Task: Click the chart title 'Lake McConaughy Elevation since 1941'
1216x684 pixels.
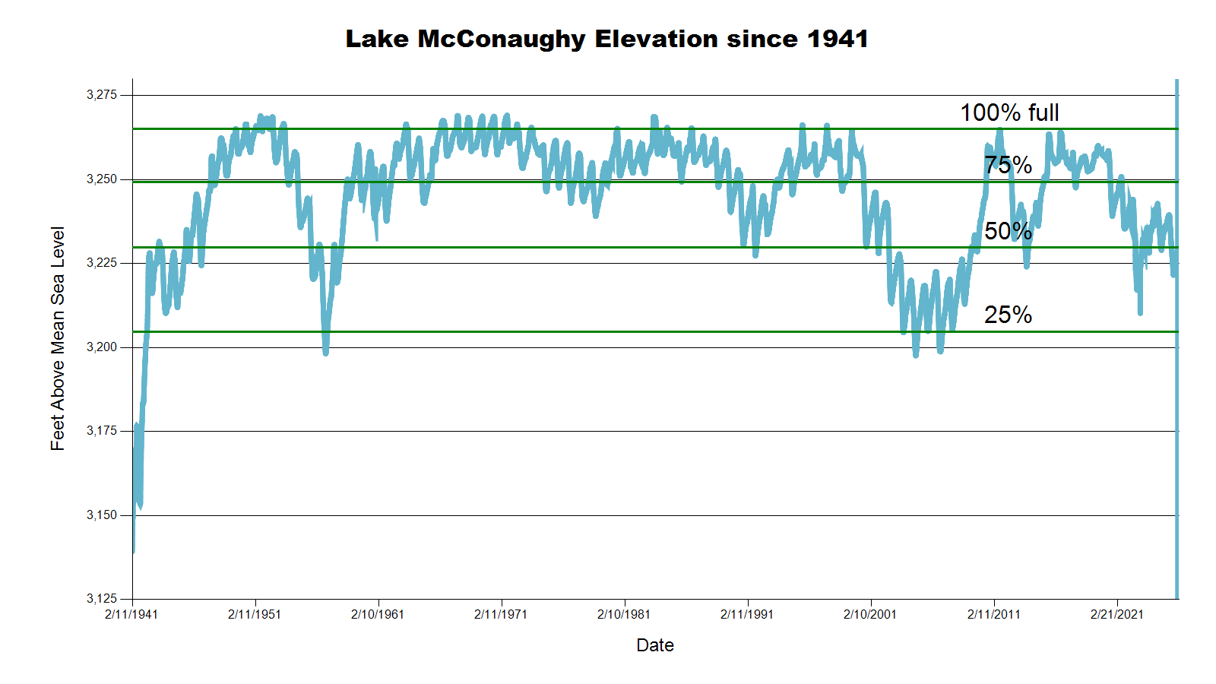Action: [606, 39]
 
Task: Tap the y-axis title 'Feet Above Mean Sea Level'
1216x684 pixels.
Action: [58, 338]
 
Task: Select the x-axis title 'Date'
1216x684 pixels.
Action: [655, 645]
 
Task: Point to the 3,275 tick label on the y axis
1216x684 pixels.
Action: [102, 95]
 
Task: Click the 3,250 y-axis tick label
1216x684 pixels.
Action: [102, 179]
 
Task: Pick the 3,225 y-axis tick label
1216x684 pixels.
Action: [102, 263]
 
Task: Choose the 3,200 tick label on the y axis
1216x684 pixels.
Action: [102, 347]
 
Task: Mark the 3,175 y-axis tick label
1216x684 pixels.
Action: [102, 431]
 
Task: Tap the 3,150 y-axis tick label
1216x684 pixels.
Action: [102, 515]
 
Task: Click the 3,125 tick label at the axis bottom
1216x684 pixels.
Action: [102, 599]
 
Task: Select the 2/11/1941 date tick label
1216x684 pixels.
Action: [131, 614]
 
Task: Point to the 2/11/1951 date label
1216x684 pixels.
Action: [255, 614]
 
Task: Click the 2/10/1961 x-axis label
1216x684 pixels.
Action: [378, 614]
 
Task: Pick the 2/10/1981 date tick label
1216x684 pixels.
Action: [624, 614]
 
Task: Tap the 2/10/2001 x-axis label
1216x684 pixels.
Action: [870, 614]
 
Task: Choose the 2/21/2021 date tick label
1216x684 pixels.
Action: [1117, 614]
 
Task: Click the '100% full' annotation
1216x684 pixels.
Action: [1009, 112]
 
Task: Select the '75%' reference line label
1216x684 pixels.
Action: [1008, 165]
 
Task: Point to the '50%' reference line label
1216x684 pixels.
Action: [1008, 231]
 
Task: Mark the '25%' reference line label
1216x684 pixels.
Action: [1008, 315]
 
